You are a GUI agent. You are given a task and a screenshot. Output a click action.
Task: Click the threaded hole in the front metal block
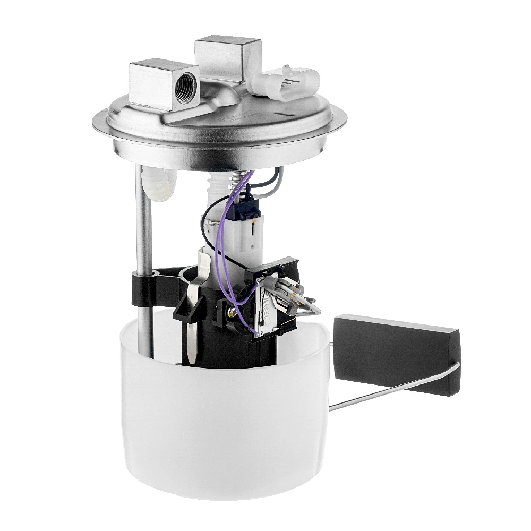[x=186, y=84]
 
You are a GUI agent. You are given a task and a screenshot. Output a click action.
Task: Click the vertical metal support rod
[x=143, y=223]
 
